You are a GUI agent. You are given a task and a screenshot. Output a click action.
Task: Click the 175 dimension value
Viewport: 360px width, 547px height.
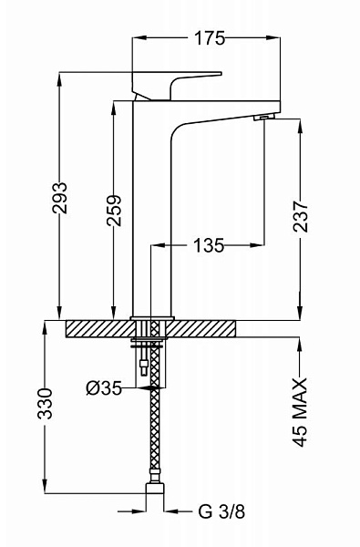click(x=210, y=38)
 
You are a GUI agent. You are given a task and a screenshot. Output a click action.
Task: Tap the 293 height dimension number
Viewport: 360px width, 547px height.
click(x=59, y=198)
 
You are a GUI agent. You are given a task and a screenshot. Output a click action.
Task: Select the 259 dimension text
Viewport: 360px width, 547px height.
click(x=114, y=211)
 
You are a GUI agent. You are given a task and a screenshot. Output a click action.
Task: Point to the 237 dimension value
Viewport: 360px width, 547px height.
click(x=301, y=216)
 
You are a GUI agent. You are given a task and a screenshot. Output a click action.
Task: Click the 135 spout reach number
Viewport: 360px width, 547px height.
click(x=209, y=245)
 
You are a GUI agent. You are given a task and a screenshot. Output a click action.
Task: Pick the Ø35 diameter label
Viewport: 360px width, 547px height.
click(x=104, y=388)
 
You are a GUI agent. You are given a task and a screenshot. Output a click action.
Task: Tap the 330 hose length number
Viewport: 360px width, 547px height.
click(x=45, y=403)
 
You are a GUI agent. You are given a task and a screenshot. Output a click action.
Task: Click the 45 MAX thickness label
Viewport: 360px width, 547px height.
click(x=300, y=412)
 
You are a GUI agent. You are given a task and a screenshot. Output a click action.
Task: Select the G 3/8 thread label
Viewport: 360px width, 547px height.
click(x=221, y=511)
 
